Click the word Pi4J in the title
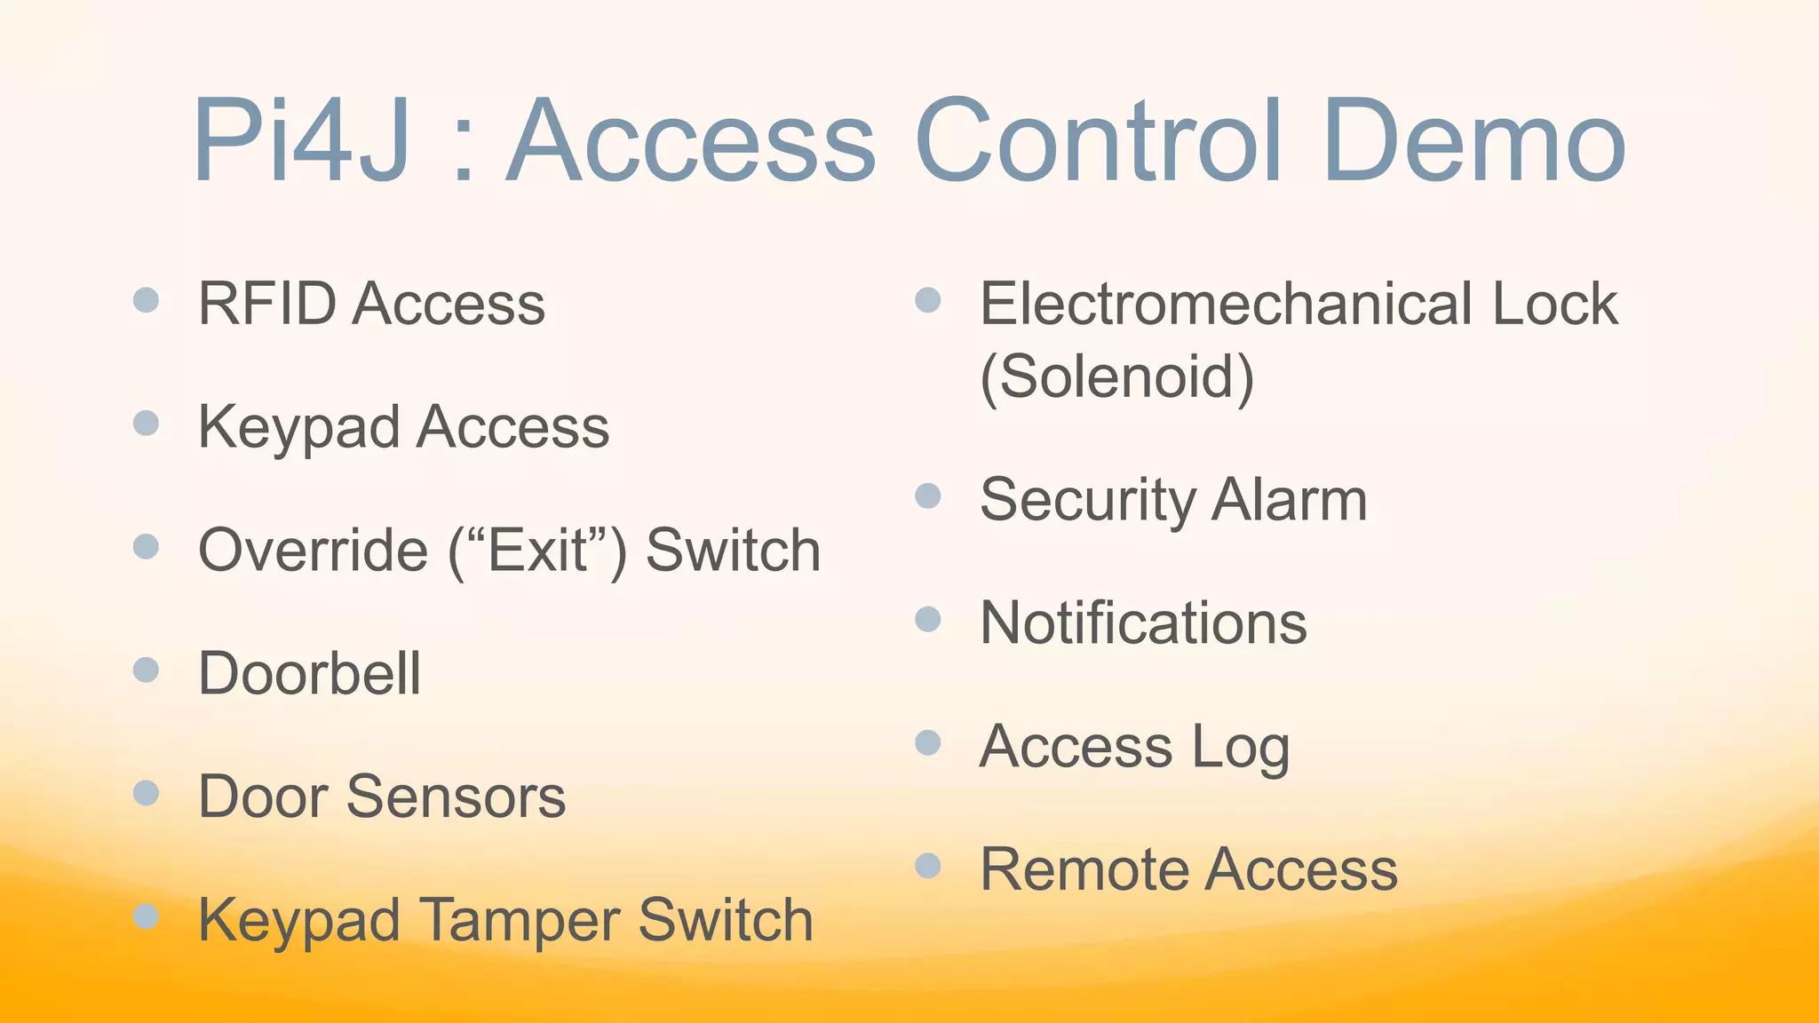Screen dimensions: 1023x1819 point(302,142)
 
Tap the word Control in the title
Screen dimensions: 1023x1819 point(1100,142)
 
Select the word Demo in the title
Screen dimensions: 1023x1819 point(1473,142)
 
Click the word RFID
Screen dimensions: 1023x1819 point(267,304)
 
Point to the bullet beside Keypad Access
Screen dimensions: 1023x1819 point(146,423)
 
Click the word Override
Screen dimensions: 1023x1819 point(314,550)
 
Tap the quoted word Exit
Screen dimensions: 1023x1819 point(537,550)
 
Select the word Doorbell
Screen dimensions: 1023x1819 point(309,673)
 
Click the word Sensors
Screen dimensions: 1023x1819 point(456,797)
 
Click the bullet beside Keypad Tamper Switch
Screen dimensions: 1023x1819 point(146,916)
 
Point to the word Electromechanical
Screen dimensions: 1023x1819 point(1226,304)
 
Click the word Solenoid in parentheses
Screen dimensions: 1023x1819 point(1117,377)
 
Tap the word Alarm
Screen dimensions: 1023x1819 point(1290,500)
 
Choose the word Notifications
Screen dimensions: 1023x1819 point(1143,623)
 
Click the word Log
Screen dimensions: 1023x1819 point(1240,748)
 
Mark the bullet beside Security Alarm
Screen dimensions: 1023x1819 point(927,496)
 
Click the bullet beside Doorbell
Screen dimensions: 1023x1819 point(146,669)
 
